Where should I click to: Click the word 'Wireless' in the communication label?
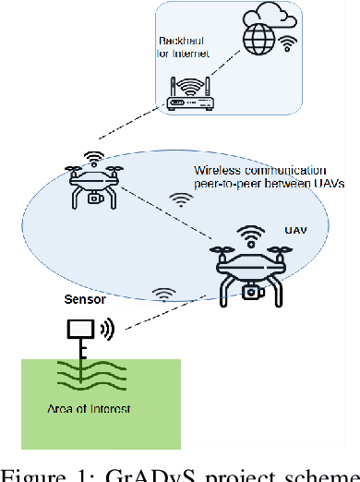(x=216, y=171)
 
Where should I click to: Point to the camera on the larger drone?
(x=249, y=293)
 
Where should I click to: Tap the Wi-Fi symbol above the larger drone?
(x=249, y=234)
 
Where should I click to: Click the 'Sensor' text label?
(x=82, y=300)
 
